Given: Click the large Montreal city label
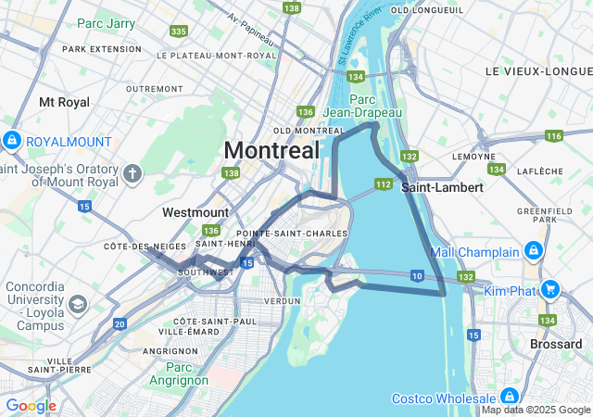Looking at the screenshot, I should (x=271, y=150).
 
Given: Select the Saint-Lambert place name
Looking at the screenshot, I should (x=442, y=187).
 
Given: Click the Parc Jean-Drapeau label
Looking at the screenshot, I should (x=376, y=106).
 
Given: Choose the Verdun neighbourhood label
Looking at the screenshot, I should (x=283, y=301).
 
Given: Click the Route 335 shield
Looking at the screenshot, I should (x=179, y=32).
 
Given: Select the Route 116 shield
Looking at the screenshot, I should (x=554, y=136).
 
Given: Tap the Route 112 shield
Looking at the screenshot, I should (x=383, y=184).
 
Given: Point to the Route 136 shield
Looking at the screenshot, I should (x=211, y=230).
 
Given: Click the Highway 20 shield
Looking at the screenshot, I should (x=120, y=323).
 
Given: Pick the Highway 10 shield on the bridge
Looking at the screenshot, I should (x=418, y=276).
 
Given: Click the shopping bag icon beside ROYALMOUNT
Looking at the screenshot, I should (x=12, y=142).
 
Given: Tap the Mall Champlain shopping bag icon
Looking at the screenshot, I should (x=534, y=251).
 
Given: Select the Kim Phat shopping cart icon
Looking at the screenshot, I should (x=550, y=290).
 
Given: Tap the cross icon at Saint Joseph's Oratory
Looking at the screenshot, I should (x=132, y=173).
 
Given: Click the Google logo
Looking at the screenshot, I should (x=31, y=406).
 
